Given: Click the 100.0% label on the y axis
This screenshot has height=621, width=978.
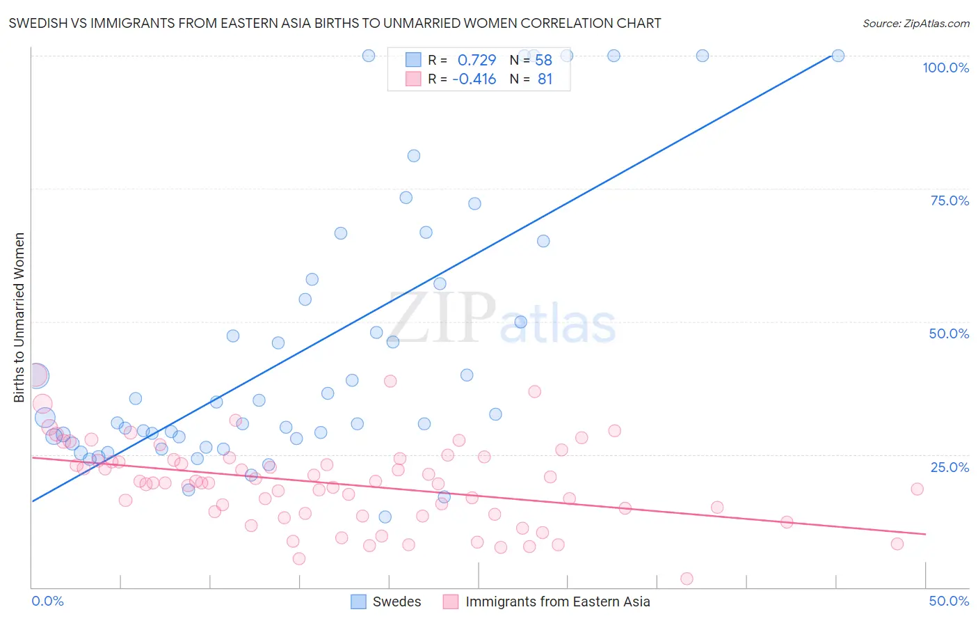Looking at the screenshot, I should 945,68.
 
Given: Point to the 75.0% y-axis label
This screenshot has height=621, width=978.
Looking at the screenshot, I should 949,201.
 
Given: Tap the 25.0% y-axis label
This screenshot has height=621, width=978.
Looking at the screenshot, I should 949,467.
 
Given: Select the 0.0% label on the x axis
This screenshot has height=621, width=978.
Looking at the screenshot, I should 47,601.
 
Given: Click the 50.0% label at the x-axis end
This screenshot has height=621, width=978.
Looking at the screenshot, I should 949,601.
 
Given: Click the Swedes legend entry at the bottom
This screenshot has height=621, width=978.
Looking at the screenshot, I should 396,602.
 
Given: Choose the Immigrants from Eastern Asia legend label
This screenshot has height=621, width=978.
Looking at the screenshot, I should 557,602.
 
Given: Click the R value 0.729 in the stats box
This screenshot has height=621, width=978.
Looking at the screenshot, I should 476,61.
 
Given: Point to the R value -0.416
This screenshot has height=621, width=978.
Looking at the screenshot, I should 474,79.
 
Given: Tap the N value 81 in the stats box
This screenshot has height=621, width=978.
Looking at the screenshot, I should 545,79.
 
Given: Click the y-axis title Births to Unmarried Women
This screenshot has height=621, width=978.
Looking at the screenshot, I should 19,317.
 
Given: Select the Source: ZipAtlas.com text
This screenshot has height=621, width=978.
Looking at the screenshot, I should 915,24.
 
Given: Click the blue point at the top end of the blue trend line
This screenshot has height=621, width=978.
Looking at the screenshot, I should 838,56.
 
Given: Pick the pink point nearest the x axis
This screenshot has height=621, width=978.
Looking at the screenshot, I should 687,579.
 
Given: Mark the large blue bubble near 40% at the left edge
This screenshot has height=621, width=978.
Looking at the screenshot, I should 36,376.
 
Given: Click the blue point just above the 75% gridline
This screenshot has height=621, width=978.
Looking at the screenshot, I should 406,198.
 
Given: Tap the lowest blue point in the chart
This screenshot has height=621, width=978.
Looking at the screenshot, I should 385,517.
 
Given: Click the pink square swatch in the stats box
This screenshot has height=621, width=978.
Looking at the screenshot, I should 413,79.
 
